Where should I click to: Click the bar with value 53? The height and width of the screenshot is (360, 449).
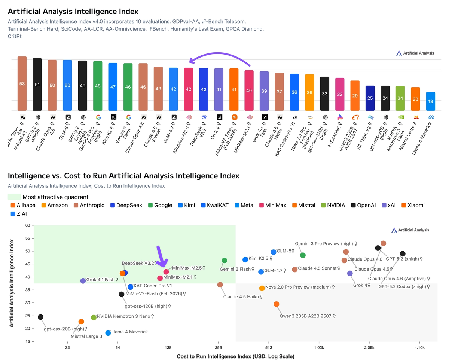(x=22, y=84)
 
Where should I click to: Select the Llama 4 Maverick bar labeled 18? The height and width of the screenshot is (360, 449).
(x=431, y=101)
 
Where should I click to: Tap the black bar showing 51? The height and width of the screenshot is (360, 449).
(x=37, y=84)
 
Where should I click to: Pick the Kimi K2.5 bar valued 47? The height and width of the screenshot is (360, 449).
(x=113, y=87)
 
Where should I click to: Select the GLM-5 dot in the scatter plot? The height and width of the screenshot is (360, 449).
(x=274, y=252)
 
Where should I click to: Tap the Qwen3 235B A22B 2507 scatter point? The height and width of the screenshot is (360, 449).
(x=276, y=304)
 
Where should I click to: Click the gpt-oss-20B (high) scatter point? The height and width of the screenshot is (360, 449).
(x=40, y=317)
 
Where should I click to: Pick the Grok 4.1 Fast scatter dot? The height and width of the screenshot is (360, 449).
(x=83, y=281)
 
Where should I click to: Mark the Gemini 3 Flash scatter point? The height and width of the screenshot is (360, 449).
(x=224, y=260)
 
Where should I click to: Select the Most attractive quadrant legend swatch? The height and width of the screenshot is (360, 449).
(x=14, y=197)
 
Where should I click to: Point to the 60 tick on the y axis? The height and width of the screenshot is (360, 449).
(x=27, y=225)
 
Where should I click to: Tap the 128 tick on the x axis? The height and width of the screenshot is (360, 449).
(x=168, y=347)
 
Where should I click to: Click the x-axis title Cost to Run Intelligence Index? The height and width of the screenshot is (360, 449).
(x=235, y=356)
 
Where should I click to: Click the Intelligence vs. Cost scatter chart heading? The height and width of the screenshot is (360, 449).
(x=123, y=176)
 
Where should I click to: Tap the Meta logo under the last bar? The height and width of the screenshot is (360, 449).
(x=431, y=117)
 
